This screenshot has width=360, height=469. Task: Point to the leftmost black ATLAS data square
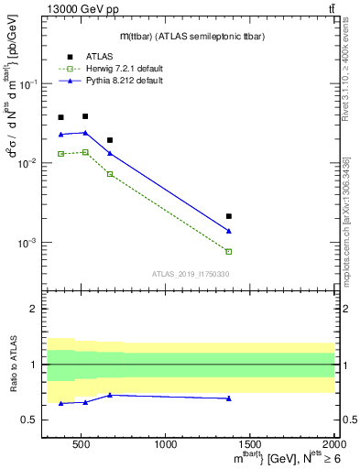coord(61,117)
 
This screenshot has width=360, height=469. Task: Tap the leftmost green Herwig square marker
coord(61,154)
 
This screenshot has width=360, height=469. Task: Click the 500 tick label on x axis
coord(81,444)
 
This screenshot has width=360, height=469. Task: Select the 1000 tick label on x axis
coord(166,444)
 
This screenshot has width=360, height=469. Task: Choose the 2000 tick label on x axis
coord(333,444)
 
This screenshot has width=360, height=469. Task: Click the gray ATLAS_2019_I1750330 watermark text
coord(191,274)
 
